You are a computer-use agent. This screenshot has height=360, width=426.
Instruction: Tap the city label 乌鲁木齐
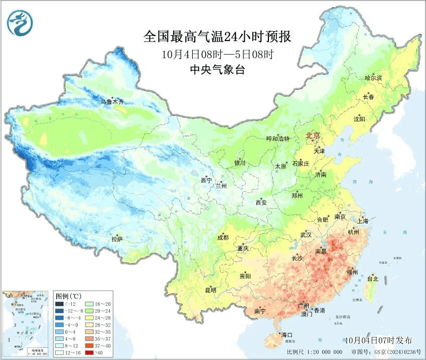111,102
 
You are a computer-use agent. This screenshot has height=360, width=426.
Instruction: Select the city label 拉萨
117,239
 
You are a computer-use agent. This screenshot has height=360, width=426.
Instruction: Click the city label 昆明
210,290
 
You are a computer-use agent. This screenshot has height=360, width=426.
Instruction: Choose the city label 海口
287,334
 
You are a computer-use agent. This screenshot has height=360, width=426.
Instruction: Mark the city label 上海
362,221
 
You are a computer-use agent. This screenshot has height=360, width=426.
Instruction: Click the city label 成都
223,238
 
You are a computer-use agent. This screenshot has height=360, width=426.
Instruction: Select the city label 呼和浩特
277,139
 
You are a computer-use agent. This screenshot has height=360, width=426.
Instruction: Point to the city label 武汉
306,235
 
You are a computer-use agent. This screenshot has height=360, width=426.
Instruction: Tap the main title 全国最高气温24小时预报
217,37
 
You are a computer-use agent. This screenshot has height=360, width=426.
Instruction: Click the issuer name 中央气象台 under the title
217,70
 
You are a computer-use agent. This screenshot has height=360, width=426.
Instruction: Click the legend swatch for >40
89,353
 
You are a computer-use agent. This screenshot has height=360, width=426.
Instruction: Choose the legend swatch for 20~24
89,311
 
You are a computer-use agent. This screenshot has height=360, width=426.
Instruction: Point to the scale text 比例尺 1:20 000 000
315,352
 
